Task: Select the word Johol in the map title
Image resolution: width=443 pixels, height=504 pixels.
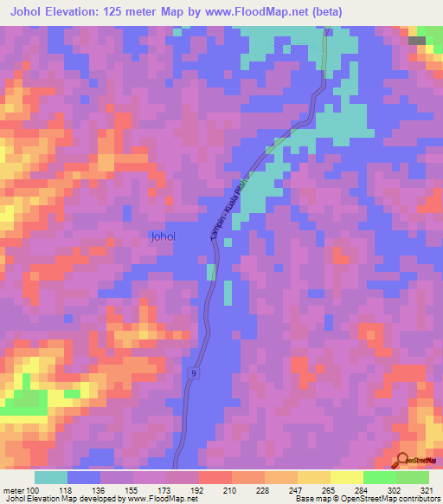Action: click(29, 12)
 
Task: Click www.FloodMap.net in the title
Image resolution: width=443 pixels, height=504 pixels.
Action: click(251, 12)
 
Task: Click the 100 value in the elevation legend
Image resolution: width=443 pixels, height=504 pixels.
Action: click(34, 489)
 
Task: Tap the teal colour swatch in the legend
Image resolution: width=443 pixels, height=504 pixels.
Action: click(51, 477)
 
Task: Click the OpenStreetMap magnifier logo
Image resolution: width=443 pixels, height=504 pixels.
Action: click(403, 462)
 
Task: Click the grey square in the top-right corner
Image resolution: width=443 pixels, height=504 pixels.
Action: click(417, 40)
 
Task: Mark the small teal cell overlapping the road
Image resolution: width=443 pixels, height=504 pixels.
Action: click(212, 273)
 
